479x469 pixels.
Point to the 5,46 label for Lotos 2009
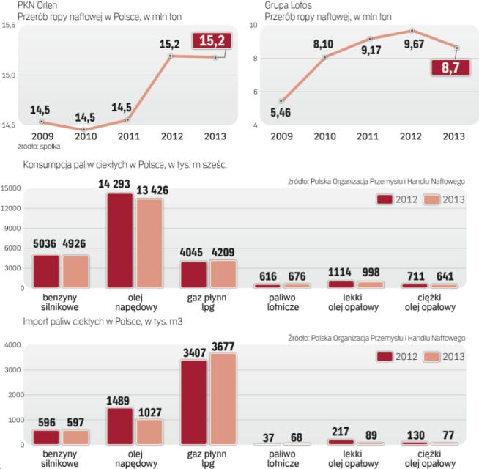pos(281,114)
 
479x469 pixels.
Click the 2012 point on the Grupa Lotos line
pos(413,31)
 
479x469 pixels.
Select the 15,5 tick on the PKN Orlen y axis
pos(10,26)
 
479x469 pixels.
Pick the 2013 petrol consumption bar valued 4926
pos(75,271)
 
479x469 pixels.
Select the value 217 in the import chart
pos(340,432)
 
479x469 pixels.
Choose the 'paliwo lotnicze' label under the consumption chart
pos(267,303)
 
